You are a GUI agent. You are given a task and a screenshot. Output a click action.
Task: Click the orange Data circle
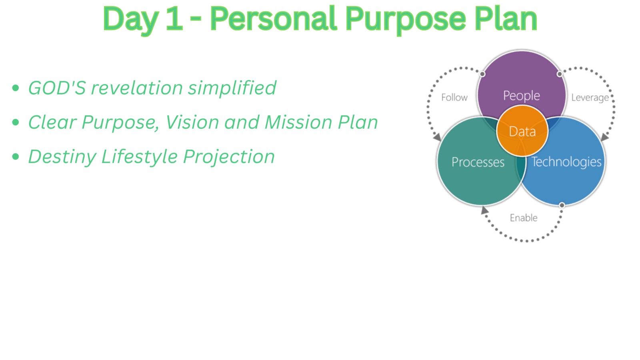click(522, 131)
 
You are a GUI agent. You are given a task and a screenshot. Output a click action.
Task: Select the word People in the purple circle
click(522, 96)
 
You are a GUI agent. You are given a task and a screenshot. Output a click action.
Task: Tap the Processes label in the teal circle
click(478, 162)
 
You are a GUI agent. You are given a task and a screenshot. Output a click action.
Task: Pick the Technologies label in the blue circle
click(566, 162)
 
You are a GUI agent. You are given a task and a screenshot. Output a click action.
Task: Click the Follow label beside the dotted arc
click(454, 98)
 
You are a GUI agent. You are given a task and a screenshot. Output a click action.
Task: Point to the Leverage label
click(590, 98)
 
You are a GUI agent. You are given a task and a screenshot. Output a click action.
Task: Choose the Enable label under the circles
click(524, 218)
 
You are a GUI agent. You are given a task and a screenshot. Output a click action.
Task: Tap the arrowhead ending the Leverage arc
click(605, 137)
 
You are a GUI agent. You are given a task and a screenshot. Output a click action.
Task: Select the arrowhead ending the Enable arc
click(484, 210)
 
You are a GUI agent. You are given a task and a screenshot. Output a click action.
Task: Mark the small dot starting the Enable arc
click(562, 205)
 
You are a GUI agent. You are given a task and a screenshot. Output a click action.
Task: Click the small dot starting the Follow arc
click(482, 74)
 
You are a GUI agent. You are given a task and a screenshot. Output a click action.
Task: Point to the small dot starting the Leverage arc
click(560, 74)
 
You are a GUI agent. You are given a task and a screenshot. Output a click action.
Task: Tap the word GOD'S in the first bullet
click(56, 88)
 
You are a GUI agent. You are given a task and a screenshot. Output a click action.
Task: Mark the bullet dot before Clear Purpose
click(16, 122)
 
